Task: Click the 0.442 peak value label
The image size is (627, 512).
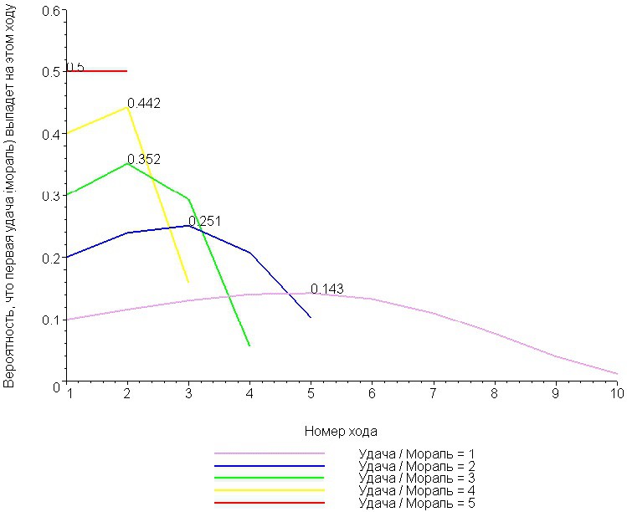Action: pyautogui.click(x=143, y=104)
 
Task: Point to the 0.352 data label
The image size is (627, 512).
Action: pyautogui.click(x=143, y=159)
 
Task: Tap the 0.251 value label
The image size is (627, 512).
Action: pyautogui.click(x=204, y=221)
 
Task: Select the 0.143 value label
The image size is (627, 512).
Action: pyautogui.click(x=326, y=289)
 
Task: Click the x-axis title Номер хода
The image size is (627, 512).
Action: pyautogui.click(x=341, y=432)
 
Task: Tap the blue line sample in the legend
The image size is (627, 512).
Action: pyautogui.click(x=269, y=465)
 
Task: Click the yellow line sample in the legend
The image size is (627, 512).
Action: pyautogui.click(x=269, y=490)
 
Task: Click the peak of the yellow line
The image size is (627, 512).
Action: pyautogui.click(x=127, y=107)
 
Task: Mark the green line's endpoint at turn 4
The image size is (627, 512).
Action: pyautogui.click(x=249, y=345)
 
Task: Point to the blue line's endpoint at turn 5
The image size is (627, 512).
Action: pyautogui.click(x=311, y=317)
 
